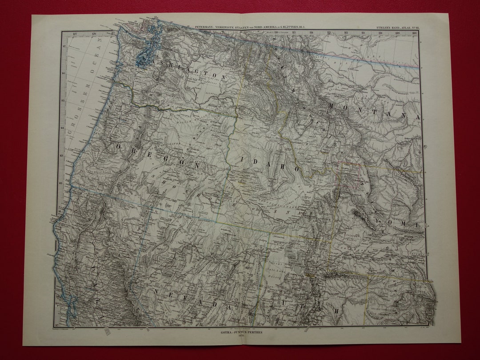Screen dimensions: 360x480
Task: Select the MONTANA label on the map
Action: [x=374, y=111]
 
